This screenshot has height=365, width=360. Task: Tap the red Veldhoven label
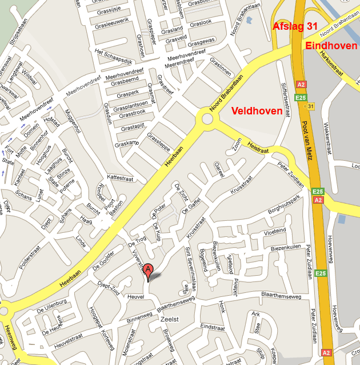tap(257, 111)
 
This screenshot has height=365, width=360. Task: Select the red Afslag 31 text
tap(295, 26)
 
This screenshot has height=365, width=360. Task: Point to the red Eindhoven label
tap(332, 46)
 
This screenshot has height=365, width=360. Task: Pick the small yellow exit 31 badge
tap(310, 106)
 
